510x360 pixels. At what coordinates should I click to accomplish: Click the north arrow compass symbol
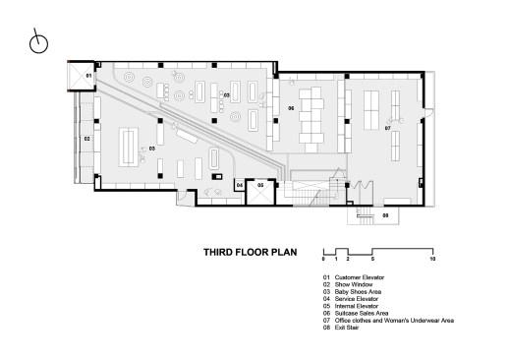pyautogui.click(x=38, y=43)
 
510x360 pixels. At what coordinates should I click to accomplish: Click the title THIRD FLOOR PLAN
pyautogui.click(x=251, y=252)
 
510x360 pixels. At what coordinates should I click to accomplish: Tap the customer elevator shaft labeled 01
pyautogui.click(x=81, y=76)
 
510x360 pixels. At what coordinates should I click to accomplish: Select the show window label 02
pyautogui.click(x=86, y=139)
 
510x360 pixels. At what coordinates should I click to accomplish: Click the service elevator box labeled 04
pyautogui.click(x=240, y=185)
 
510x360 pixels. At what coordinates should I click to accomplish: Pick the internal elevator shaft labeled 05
pyautogui.click(x=260, y=192)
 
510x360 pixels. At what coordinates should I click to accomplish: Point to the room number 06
pyautogui.click(x=291, y=108)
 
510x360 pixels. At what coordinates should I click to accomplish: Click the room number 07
pyautogui.click(x=388, y=128)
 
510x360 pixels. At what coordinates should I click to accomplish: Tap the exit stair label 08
pyautogui.click(x=385, y=215)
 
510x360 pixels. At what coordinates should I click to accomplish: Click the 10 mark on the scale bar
pyautogui.click(x=432, y=259)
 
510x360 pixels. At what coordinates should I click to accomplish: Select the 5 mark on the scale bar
pyautogui.click(x=372, y=259)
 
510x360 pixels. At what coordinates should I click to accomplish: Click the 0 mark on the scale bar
pyautogui.click(x=323, y=259)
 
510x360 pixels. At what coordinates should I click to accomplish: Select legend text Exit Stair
pyautogui.click(x=341, y=328)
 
